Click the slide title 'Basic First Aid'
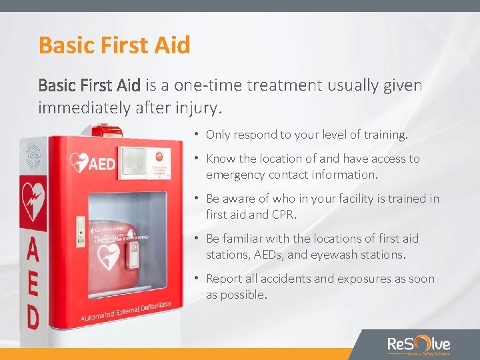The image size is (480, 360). pos(115,45)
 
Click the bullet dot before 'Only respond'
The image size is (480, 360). pos(197,135)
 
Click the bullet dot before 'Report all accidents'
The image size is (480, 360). pos(197,279)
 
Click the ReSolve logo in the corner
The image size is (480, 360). pos(419,345)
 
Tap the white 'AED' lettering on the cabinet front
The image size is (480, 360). pos(101,163)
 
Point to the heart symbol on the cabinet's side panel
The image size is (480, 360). pos(32,199)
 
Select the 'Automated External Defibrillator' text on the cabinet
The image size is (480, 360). pos(126,311)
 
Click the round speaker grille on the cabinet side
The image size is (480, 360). pos(33,156)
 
